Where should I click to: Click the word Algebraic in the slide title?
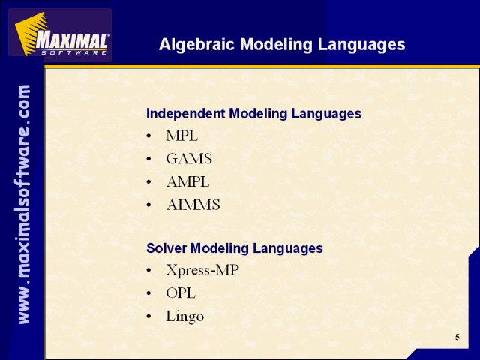pyautogui.click(x=197, y=45)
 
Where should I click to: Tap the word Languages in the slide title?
pyautogui.click(x=361, y=45)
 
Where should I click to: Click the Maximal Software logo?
pyautogui.click(x=60, y=34)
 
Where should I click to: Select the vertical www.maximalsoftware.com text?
pyautogui.click(x=23, y=204)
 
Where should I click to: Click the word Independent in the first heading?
pyautogui.click(x=186, y=113)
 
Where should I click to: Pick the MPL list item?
pyautogui.click(x=182, y=136)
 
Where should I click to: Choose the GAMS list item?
pyautogui.click(x=189, y=159)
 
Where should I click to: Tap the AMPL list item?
pyautogui.click(x=188, y=181)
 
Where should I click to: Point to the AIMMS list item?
pyautogui.click(x=193, y=205)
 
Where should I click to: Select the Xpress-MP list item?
pyautogui.click(x=202, y=270)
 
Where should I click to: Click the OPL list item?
pyautogui.click(x=181, y=293)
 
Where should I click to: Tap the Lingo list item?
pyautogui.click(x=185, y=316)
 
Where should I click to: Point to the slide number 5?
pyautogui.click(x=457, y=337)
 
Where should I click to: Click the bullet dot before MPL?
pyautogui.click(x=148, y=136)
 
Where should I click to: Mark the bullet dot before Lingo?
pyautogui.click(x=148, y=316)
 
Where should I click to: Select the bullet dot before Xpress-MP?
pyautogui.click(x=148, y=270)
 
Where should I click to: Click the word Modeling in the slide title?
pyautogui.click(x=277, y=45)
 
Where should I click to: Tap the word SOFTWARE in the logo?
pyautogui.click(x=73, y=52)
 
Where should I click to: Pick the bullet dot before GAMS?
pyautogui.click(x=148, y=159)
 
